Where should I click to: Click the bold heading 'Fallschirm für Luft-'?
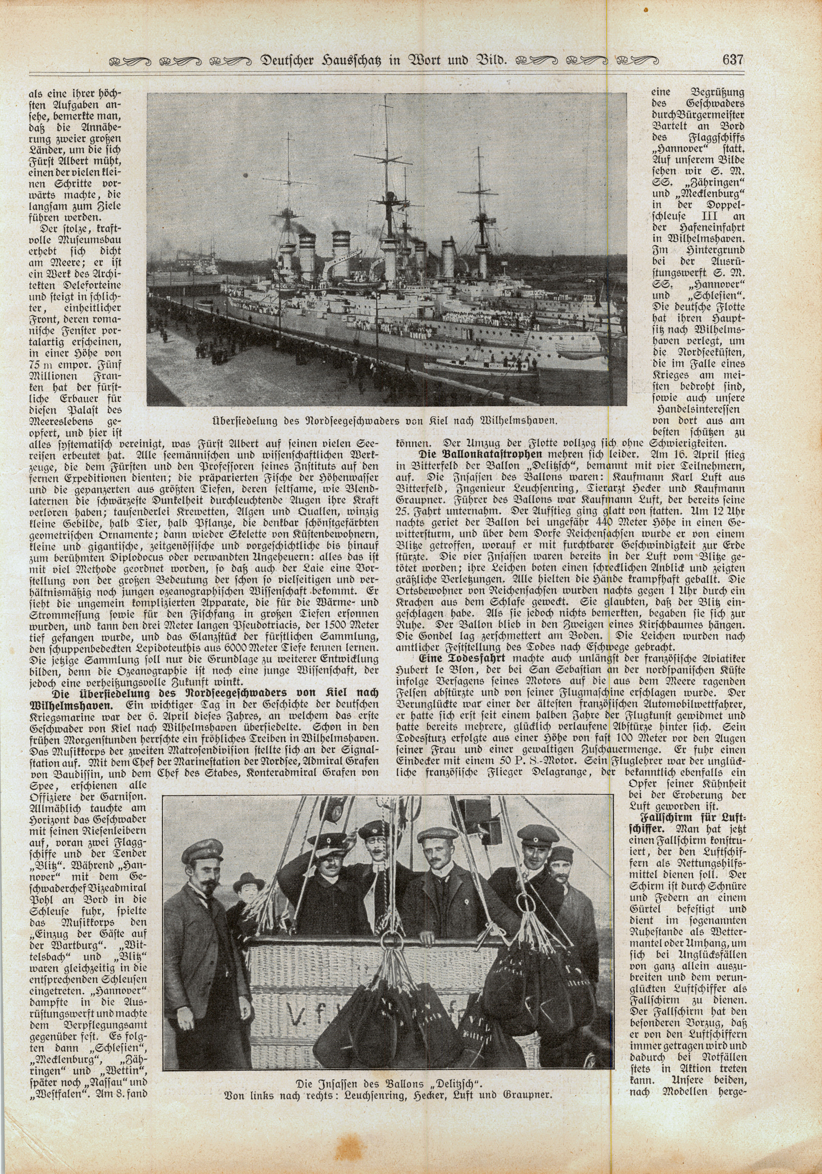688,817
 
